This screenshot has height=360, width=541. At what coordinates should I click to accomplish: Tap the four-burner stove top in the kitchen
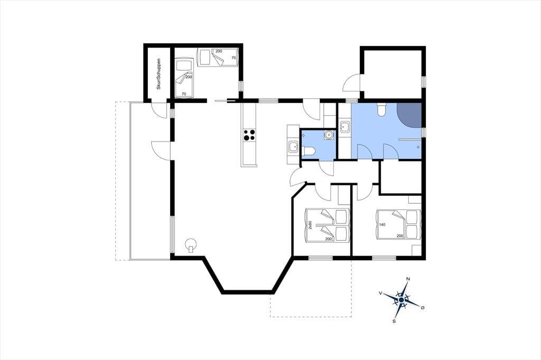pos(249,135)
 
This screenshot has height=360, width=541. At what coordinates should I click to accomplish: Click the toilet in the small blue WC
pos(308,151)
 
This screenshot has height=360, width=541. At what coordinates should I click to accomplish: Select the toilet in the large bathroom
pos(381,110)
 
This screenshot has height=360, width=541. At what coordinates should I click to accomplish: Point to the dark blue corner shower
pos(411,115)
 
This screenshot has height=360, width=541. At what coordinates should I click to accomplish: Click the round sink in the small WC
pos(329,135)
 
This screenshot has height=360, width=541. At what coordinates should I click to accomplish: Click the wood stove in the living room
pos(190,245)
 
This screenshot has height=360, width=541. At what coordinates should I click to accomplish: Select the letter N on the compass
pos(408,279)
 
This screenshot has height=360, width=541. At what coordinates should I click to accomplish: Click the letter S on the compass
pos(394,321)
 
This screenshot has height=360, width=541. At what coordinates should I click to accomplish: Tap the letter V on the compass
pos(380,293)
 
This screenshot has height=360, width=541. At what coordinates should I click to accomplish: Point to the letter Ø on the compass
pos(422,307)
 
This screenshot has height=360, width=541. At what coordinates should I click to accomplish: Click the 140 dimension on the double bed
pos(382,224)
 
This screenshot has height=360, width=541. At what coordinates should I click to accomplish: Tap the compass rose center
pos(402,300)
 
